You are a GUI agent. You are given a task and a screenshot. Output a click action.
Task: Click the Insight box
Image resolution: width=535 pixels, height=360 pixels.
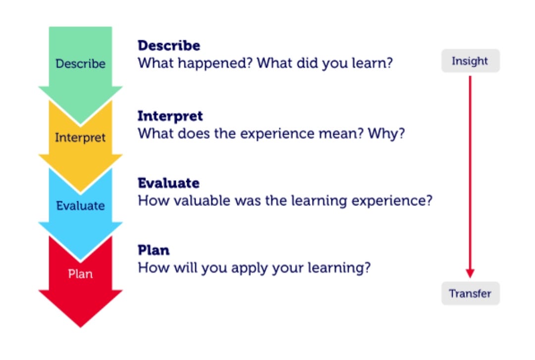click(470, 61)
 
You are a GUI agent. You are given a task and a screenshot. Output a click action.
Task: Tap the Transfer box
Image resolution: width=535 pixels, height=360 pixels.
click(470, 294)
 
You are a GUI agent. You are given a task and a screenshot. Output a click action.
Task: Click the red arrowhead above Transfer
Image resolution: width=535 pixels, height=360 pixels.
click(470, 273)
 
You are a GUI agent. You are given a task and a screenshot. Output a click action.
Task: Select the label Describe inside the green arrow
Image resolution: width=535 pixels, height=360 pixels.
click(81, 63)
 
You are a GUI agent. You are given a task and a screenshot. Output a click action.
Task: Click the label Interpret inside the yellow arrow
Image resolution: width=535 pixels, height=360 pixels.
click(80, 138)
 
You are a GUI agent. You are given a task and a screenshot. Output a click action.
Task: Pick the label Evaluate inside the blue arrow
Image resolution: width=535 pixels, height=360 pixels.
click(81, 206)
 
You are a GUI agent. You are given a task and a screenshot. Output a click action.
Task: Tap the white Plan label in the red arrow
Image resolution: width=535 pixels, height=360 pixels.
click(81, 274)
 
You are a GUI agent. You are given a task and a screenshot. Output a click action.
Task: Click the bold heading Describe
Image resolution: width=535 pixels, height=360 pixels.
click(169, 46)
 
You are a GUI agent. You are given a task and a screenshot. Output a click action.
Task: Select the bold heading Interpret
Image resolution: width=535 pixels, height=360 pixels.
click(170, 116)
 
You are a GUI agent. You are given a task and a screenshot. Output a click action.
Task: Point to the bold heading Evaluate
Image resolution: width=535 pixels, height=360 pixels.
click(168, 183)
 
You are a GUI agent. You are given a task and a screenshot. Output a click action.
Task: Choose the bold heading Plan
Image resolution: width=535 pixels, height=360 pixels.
click(154, 250)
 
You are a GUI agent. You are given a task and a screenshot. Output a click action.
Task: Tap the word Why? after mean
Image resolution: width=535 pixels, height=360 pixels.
click(386, 133)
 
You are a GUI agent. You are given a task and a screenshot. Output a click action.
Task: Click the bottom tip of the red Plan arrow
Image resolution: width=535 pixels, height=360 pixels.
click(81, 327)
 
